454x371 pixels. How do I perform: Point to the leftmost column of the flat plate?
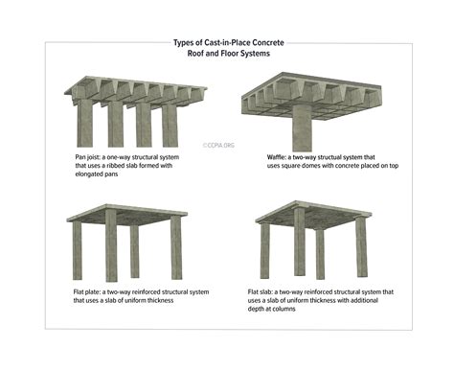pos(78,249)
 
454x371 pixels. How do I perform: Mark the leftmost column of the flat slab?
pos(262,249)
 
